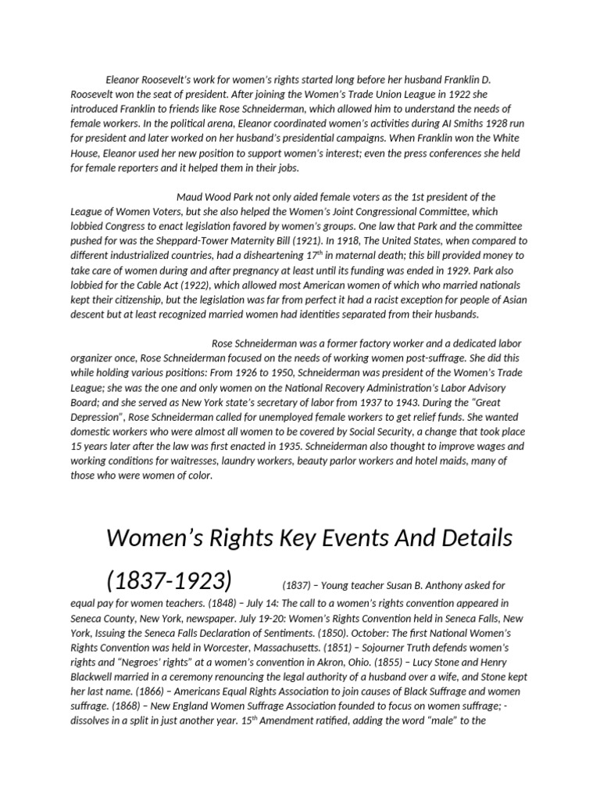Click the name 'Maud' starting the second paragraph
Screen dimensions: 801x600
pos(191,197)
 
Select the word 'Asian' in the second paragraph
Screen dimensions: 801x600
pos(512,300)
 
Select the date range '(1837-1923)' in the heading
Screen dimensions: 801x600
pos(169,581)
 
